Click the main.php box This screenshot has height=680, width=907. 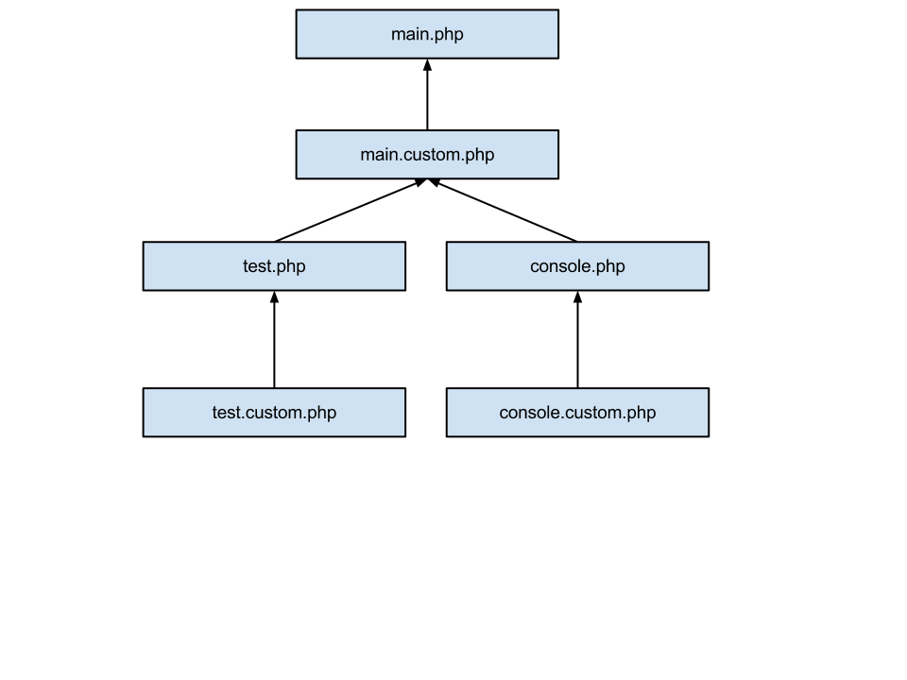click(x=427, y=34)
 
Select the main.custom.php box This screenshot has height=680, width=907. click(x=427, y=154)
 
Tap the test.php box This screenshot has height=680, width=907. click(x=274, y=265)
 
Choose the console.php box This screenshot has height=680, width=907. click(x=577, y=265)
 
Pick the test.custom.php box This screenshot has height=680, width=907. click(x=274, y=412)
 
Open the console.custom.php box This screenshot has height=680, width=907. click(x=577, y=412)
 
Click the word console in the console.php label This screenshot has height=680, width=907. click(x=559, y=266)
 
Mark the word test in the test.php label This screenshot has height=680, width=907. click(x=257, y=266)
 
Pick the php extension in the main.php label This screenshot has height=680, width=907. click(x=449, y=36)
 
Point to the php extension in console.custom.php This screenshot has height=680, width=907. click(x=641, y=414)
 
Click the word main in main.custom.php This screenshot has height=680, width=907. click(x=380, y=154)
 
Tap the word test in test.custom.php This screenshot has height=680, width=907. click(x=226, y=413)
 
